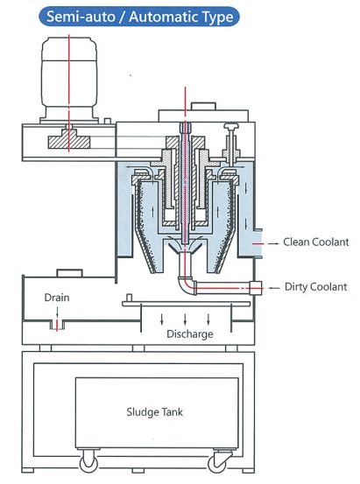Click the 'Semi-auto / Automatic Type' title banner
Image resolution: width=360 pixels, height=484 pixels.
tap(139, 17)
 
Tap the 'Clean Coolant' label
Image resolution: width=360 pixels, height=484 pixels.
tap(316, 242)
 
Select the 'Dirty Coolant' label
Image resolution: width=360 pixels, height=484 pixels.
tap(316, 287)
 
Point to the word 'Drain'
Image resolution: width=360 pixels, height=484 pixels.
tap(57, 298)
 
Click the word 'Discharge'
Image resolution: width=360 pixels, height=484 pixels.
tap(190, 334)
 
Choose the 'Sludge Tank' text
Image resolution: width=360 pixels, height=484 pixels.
tap(154, 412)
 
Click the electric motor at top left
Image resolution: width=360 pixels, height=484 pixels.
tap(69, 80)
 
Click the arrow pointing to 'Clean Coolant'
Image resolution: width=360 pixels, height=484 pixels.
tap(273, 243)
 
